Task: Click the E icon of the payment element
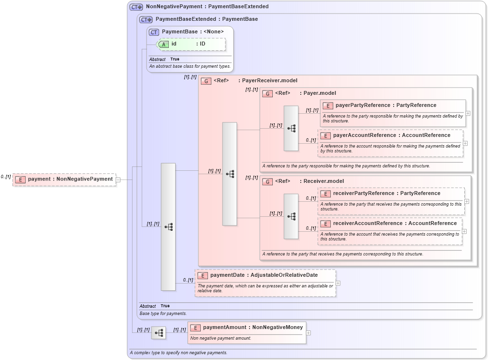20,180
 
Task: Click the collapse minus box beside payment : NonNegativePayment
118,180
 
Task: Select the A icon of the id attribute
164,44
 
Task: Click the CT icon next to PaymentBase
154,32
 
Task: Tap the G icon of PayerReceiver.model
206,81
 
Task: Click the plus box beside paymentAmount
309,333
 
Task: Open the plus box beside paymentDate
338,283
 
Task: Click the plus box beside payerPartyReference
468,113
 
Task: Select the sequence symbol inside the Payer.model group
291,128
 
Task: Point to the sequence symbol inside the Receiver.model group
291,216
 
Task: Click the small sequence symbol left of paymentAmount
158,333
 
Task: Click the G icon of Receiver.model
267,181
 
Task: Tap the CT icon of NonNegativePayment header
136,7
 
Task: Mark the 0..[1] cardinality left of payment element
6,177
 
